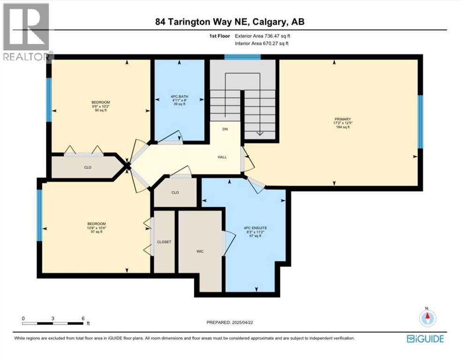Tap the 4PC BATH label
click(179, 98)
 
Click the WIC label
click(200, 251)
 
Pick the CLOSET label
click(164, 242)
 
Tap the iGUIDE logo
click(425, 338)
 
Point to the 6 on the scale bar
click(83, 318)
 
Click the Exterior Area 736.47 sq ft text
click(265, 36)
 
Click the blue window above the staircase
click(242, 57)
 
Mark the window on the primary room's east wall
click(420, 121)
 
